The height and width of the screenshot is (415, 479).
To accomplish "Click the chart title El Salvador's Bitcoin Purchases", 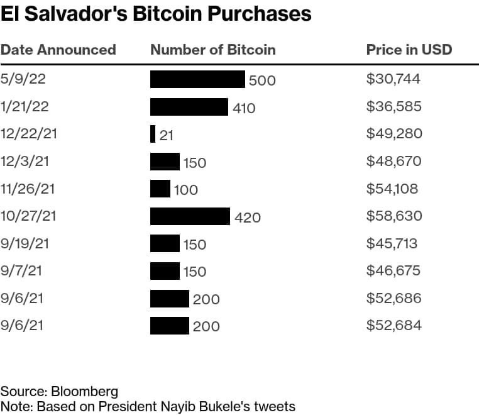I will point(156,14).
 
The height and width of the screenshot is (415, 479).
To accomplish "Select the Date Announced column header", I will point(58,50).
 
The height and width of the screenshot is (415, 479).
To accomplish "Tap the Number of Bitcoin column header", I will point(213,50).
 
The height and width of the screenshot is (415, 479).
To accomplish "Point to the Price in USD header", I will point(409,50).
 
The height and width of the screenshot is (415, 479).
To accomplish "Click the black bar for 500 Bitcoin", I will point(197,79).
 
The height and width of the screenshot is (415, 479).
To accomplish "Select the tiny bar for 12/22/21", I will point(153,134).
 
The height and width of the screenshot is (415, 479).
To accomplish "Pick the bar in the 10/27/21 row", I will point(190,216).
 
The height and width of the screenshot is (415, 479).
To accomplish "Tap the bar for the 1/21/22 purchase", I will point(189,107).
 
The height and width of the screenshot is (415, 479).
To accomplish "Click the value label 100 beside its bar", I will point(185,189).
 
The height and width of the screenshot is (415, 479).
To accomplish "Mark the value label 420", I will point(247,218).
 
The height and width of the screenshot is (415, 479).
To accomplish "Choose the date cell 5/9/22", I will point(23,79).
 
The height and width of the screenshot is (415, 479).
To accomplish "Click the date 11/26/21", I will point(29,189).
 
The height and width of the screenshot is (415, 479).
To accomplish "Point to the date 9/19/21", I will point(26,243).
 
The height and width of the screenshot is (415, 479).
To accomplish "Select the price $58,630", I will point(394,216).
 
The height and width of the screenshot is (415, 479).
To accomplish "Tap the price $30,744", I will point(394,79).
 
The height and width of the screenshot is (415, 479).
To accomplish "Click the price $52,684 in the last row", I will point(394,325).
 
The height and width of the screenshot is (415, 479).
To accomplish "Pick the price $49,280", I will point(394,133).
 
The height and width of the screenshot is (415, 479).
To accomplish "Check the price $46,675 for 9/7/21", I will point(394,270).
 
